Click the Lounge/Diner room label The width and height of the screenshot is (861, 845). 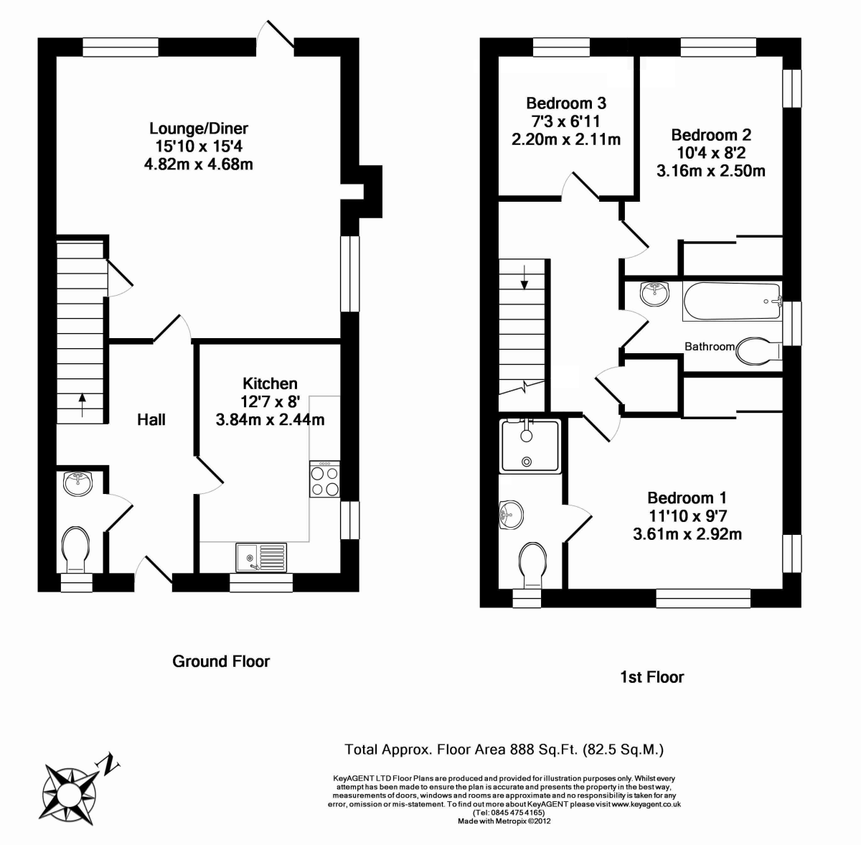tap(199, 129)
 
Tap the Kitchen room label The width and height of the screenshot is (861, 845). tap(270, 383)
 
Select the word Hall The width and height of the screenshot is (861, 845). tap(151, 419)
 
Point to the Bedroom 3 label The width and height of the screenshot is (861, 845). tap(566, 103)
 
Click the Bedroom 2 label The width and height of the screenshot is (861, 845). tap(711, 135)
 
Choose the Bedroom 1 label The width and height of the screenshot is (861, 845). tap(687, 498)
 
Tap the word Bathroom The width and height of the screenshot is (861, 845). tap(709, 347)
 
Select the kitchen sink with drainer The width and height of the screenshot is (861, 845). tap(260, 557)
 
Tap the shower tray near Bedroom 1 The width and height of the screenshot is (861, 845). tap(530, 447)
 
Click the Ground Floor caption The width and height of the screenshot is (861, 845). tap(221, 661)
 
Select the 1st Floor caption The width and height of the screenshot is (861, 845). tap(651, 677)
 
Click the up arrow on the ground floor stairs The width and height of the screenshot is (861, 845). tap(83, 404)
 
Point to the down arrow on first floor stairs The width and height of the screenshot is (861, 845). tap(524, 276)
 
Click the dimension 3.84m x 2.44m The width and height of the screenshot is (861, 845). tap(270, 419)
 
